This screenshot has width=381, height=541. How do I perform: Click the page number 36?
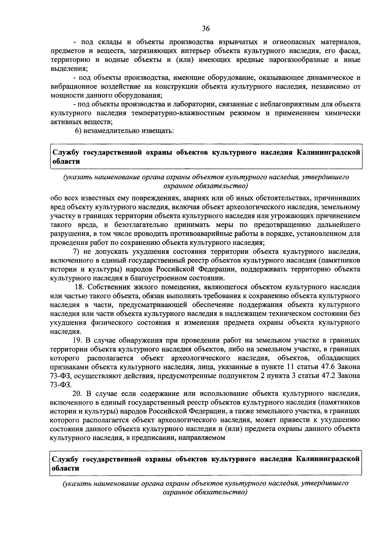click(x=206, y=29)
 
